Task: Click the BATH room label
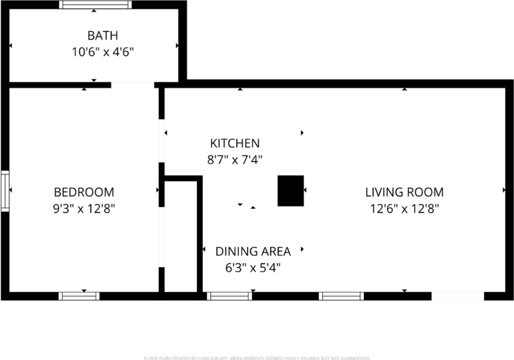[103, 35]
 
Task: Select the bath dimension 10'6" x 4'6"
[103, 51]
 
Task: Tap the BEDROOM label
[84, 192]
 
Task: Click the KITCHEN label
[234, 143]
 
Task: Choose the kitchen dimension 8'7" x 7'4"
[234, 160]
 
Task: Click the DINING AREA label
[253, 251]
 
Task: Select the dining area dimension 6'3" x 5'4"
[253, 268]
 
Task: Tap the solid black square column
[290, 190]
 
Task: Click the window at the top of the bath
[95, 5]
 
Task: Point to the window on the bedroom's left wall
[5, 192]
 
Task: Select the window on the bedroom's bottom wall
[79, 295]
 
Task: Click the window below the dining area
[229, 295]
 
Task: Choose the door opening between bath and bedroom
[132, 85]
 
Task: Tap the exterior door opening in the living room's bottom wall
[458, 295]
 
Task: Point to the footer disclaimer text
[257, 357]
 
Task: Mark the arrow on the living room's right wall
[504, 190]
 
